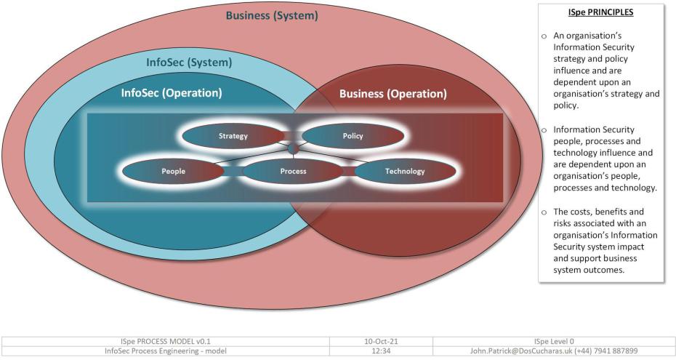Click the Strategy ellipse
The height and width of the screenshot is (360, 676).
coord(233,136)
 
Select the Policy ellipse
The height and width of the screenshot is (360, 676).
coord(353,136)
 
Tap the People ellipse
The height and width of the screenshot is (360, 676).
coord(173,172)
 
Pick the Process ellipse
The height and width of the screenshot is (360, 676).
coord(293,172)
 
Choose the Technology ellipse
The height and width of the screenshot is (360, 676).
coord(405,172)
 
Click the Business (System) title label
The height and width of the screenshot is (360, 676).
coord(271,15)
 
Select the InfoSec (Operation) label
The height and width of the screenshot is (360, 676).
coord(172,93)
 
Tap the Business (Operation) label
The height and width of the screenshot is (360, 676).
coord(393,94)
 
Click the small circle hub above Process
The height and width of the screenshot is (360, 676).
coord(293,149)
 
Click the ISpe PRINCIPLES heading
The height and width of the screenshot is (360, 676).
coord(600,12)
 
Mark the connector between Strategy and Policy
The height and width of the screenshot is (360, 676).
coord(293,136)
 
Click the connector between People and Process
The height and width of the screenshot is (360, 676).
coord(233,172)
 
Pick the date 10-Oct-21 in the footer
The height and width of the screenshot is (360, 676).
coord(380,340)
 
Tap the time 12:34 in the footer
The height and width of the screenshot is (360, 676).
coord(380,351)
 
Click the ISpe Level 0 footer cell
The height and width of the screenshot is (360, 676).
coord(554,340)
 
